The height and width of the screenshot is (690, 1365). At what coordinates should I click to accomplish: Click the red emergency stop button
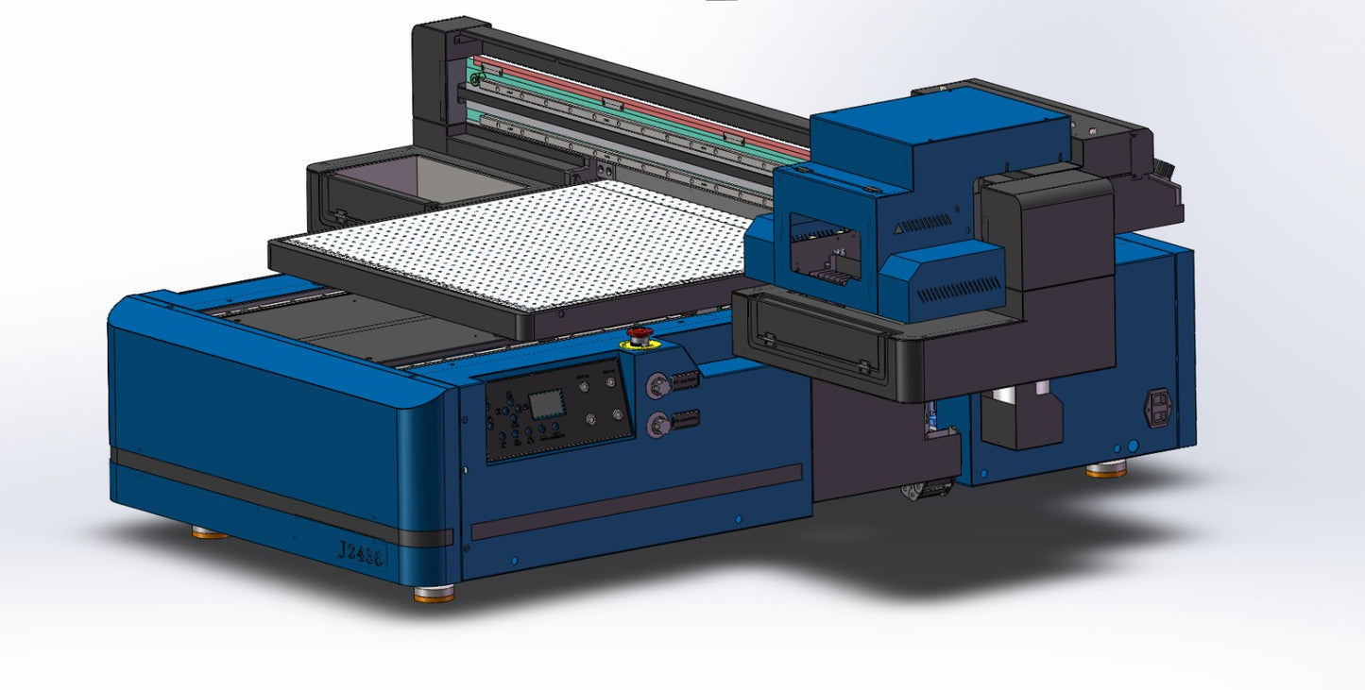coord(640,334)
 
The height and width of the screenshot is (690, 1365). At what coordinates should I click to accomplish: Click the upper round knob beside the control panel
coord(655,385)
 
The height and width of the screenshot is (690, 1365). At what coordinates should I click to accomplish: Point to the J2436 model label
coord(361,553)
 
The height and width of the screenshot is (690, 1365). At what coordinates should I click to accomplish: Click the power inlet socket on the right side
coord(1159,408)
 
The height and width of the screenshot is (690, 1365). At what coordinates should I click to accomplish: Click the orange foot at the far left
coord(210,533)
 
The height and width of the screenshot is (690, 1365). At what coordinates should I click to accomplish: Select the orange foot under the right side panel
coord(1105,469)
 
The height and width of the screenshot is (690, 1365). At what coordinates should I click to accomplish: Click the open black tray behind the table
coord(425,184)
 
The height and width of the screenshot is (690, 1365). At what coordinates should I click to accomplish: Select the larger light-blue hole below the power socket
coord(1134,445)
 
